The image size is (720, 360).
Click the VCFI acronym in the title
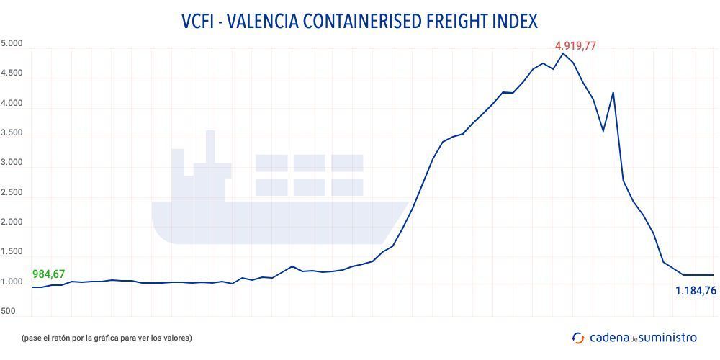point(200,21)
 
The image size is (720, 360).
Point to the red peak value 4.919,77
point(575,46)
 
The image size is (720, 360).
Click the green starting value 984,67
point(49,274)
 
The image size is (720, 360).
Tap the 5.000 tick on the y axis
point(12,44)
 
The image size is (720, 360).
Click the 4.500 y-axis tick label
point(12,73)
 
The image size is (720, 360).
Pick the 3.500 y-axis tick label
point(12,133)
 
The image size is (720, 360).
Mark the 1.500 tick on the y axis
point(12,252)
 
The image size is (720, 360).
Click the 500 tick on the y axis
point(8,312)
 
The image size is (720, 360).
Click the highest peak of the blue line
point(563,53)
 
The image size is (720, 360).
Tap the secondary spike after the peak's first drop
point(613,93)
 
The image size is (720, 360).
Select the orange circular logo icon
point(578,337)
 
